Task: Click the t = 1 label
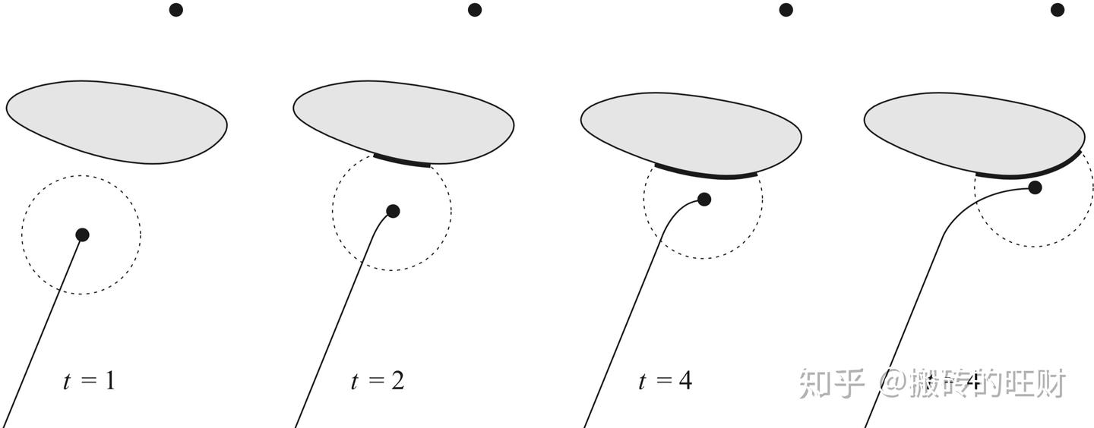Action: coord(89,379)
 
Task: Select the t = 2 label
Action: coord(377,379)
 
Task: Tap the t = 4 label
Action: coord(665,379)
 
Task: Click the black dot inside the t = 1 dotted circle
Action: coord(82,234)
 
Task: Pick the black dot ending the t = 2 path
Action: coord(393,211)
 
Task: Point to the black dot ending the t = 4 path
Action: coord(704,200)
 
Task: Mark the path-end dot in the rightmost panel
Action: coord(1035,187)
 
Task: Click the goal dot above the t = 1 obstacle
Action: coord(176,10)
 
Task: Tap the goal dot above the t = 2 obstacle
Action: coord(475,10)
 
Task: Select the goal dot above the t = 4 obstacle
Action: coord(786,10)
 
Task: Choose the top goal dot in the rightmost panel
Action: coord(1058,10)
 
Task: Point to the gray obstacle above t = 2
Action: coord(403,121)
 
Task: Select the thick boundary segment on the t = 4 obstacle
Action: coord(707,174)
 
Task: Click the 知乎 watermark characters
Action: coord(831,384)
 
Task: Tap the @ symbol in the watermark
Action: coord(893,384)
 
